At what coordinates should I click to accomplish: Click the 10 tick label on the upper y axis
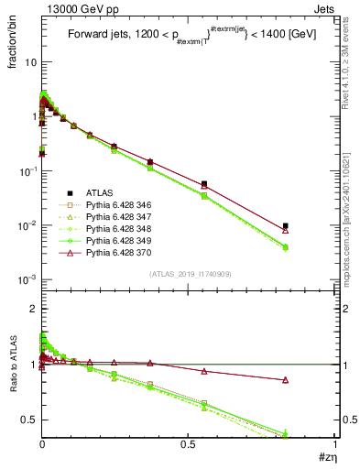30,62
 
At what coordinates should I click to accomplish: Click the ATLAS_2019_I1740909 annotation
188,299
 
